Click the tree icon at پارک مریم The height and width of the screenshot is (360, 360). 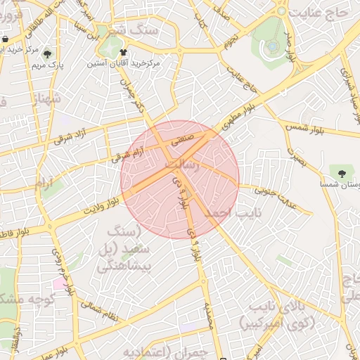coord(47,53)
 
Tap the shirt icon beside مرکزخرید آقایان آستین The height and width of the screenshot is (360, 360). coord(124,52)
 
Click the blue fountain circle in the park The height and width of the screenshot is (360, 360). coord(272,47)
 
